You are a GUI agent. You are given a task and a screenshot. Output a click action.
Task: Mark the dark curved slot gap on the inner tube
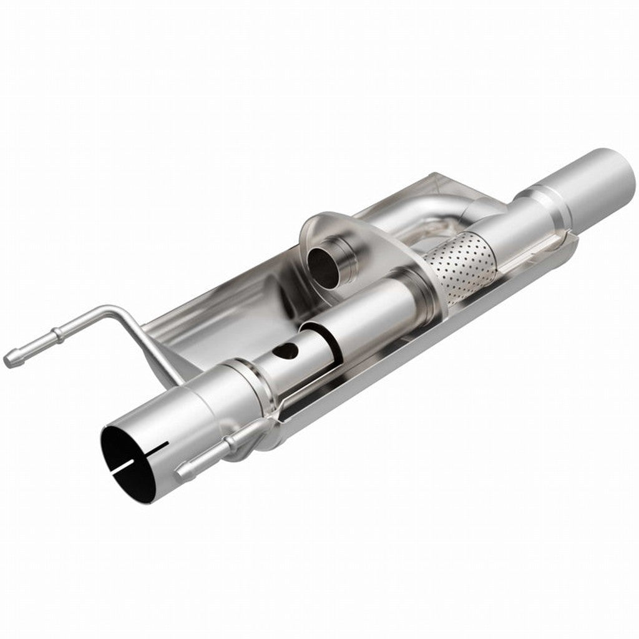coord(318,341)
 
